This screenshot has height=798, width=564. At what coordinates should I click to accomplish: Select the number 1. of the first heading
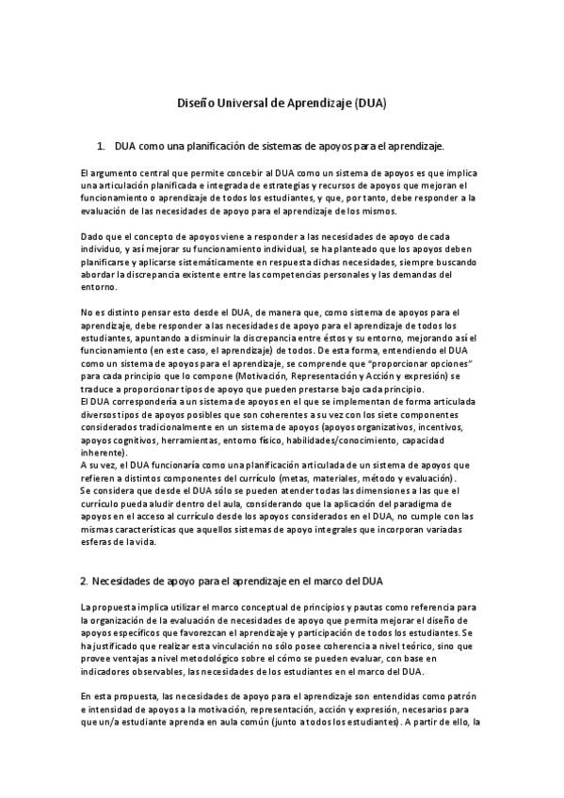tap(103, 147)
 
